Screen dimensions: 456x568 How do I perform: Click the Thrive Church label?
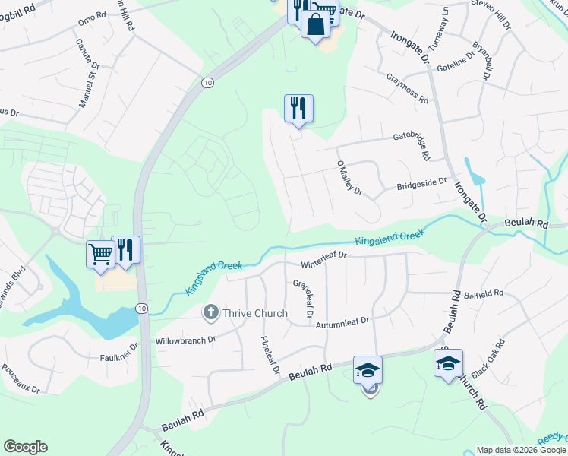coord(254,313)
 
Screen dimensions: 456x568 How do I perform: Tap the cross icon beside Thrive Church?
coord(210,312)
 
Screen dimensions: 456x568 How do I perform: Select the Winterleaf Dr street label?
coord(323,260)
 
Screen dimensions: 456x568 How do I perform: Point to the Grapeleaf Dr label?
coord(303,298)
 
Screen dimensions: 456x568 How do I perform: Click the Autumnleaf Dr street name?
coord(344,321)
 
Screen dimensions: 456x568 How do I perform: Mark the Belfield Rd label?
coord(484,293)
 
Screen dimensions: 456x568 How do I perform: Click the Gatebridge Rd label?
coord(411,145)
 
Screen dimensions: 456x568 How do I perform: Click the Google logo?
coord(25,447)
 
